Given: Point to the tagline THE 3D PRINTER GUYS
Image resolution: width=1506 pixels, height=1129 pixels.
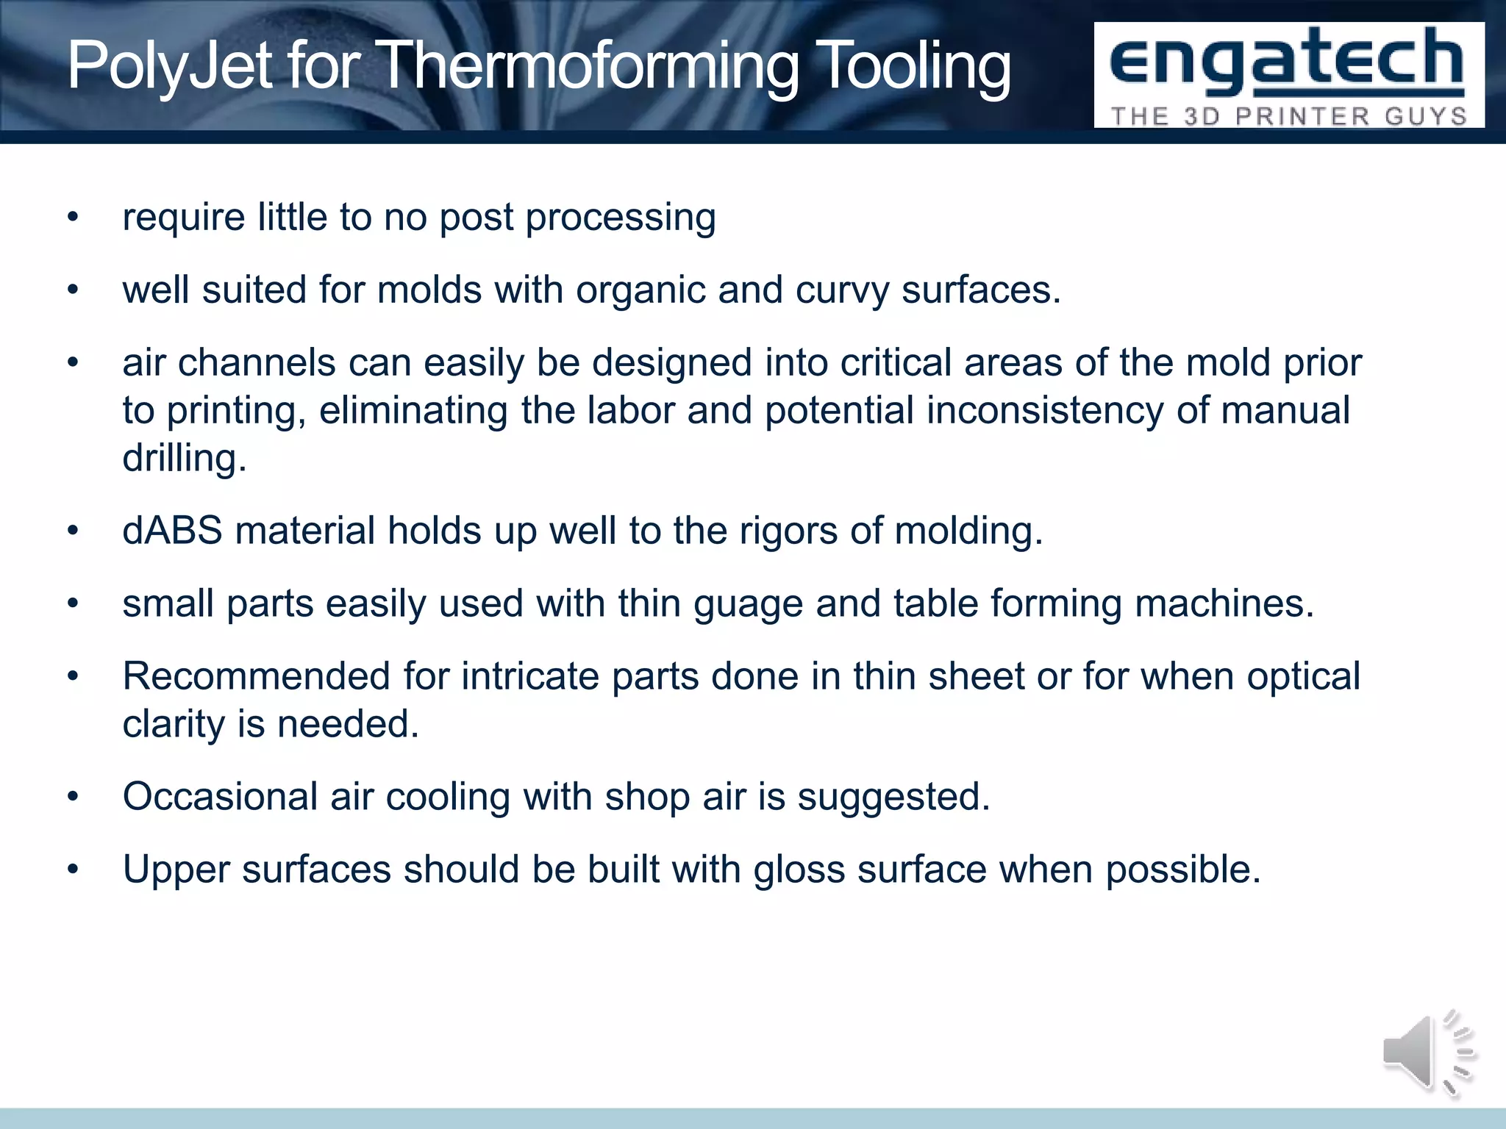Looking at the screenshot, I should click(x=1288, y=116).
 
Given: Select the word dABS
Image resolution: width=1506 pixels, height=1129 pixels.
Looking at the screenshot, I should click(x=172, y=531).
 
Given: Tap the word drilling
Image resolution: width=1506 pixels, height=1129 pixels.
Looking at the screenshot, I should click(x=184, y=459).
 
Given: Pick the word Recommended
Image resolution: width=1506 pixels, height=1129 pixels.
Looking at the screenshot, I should click(x=256, y=676).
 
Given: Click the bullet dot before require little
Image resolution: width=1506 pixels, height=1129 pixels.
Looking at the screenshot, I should click(x=72, y=218).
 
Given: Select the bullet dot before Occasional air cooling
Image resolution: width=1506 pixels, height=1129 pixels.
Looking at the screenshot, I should click(x=72, y=798).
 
